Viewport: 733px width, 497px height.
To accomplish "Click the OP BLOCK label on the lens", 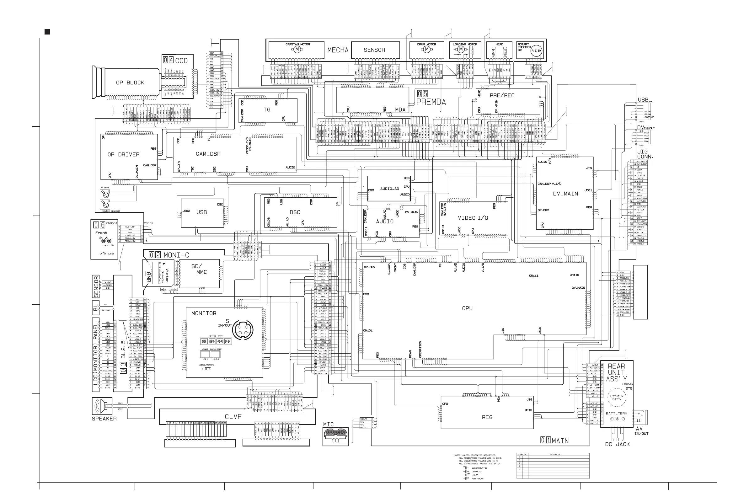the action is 130,83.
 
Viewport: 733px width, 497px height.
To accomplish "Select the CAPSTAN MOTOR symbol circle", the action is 297,50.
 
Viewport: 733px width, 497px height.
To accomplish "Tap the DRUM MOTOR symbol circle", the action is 427,49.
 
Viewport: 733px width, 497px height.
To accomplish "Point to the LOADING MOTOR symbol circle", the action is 461,50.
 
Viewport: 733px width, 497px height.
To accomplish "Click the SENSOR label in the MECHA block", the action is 374,50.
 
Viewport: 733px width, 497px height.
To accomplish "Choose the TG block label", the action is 267,110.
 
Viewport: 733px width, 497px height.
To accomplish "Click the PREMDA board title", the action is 431,102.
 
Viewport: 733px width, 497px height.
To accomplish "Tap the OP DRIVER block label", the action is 123,154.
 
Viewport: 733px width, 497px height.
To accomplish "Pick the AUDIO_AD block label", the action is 389,189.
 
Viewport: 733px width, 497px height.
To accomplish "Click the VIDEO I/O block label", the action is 473,218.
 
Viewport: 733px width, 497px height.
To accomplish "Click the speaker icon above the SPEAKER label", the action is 102,406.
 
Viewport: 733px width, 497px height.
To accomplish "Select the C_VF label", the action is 233,417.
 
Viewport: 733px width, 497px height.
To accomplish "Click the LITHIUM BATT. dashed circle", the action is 617,398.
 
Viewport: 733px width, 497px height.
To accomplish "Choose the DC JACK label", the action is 617,444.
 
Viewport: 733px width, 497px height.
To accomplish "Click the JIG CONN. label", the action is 645,154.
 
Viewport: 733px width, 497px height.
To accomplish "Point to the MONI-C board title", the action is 176,255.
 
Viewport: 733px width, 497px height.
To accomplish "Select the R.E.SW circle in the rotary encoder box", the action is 536,51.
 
